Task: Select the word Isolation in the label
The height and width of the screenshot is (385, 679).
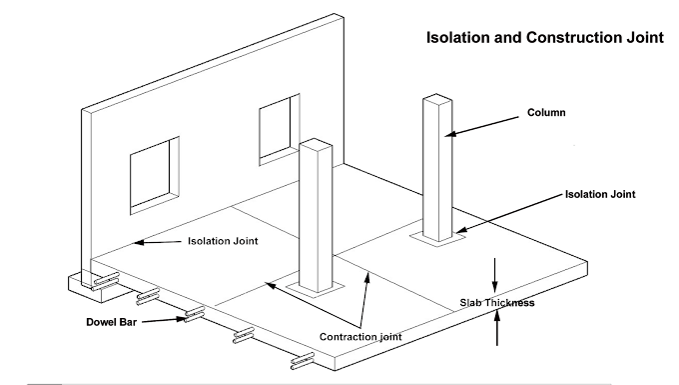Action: coord(212,242)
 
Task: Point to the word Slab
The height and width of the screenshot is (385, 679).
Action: coord(471,301)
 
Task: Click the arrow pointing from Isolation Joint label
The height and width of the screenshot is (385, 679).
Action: coord(150,242)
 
